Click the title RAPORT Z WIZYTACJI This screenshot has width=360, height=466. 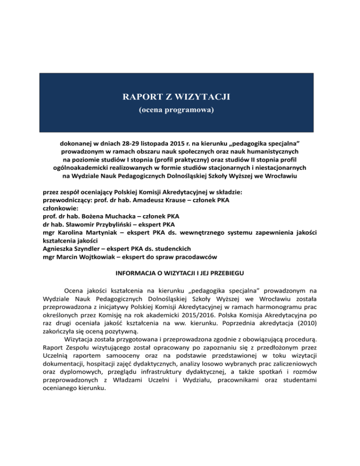point(180,98)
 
